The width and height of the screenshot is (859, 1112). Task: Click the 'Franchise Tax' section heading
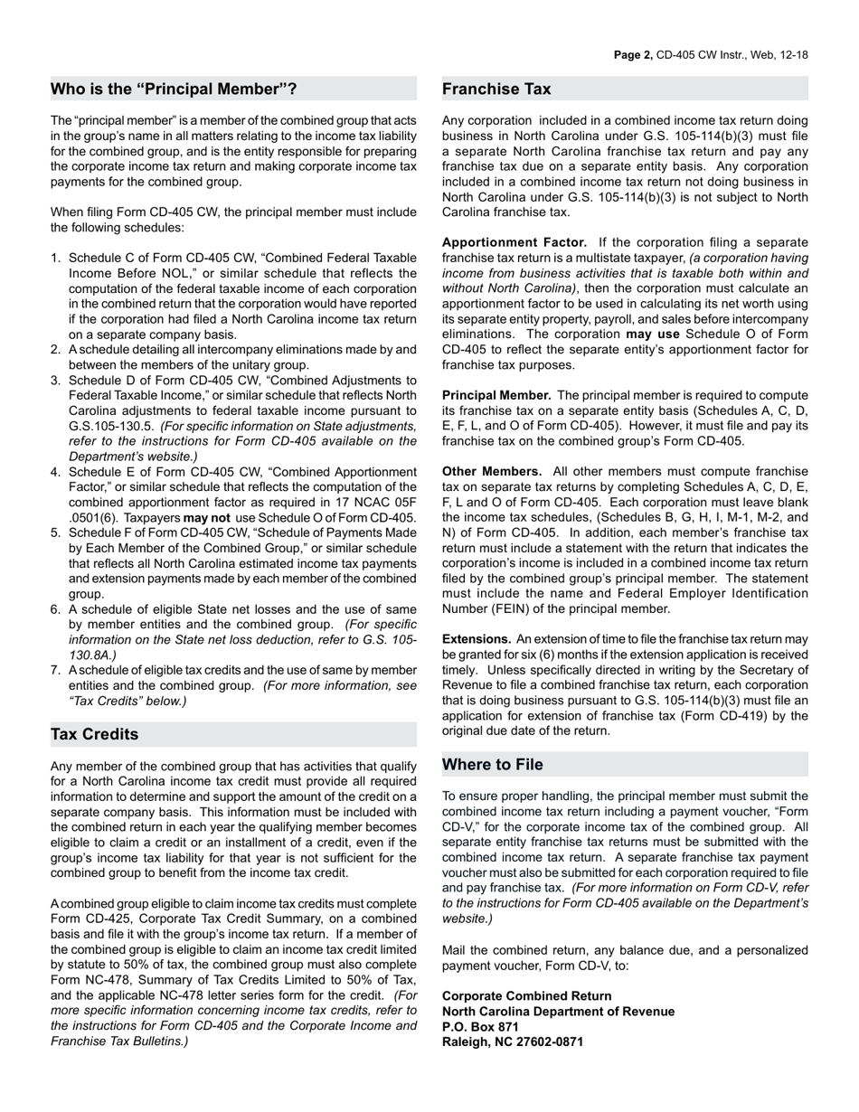click(496, 89)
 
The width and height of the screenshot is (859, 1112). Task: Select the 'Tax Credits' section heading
click(95, 734)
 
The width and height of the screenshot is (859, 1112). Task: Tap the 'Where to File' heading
click(493, 765)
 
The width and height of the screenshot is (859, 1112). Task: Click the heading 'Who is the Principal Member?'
click(174, 89)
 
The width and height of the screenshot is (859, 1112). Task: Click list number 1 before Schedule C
click(56, 258)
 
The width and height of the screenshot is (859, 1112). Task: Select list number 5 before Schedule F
click(56, 532)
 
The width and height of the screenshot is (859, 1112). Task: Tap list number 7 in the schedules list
click(56, 670)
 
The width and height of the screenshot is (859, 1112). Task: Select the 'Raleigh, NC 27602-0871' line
click(513, 1041)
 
